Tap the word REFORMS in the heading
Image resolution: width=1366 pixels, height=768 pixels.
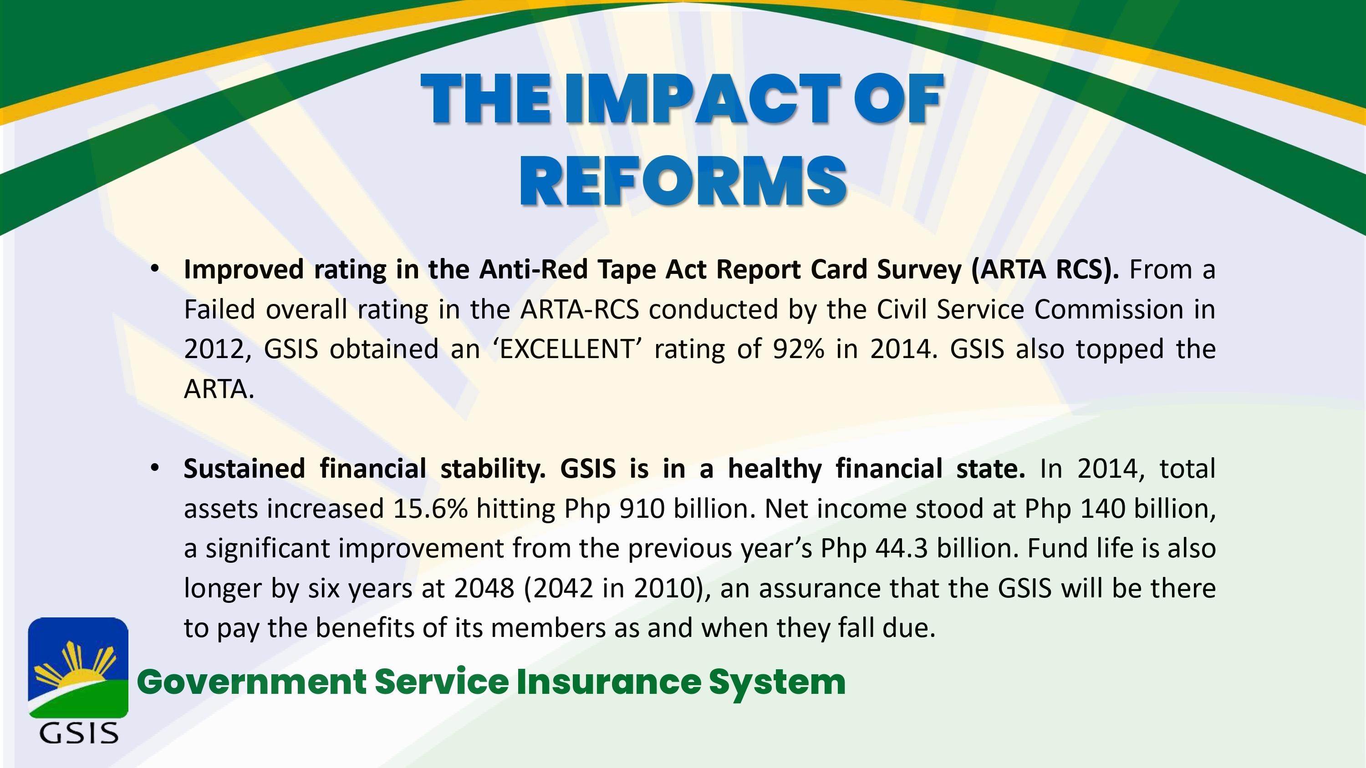tap(683, 181)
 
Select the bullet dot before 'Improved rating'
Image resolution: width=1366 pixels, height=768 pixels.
tap(155, 269)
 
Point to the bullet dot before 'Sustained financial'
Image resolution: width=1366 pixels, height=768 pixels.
tap(155, 468)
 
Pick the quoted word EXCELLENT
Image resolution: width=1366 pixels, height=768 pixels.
tap(567, 349)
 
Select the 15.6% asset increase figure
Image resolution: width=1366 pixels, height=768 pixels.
tap(430, 508)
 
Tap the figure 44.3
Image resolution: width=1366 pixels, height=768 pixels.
tap(902, 548)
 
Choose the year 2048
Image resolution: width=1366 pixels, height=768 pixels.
tap(484, 588)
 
